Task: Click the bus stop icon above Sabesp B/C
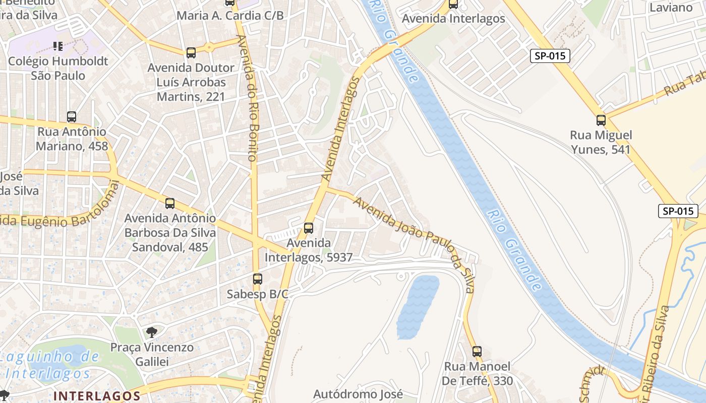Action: pyautogui.click(x=258, y=279)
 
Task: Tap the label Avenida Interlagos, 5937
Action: pyautogui.click(x=309, y=250)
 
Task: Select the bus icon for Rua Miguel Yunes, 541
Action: pyautogui.click(x=601, y=120)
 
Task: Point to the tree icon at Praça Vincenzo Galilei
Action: pyautogui.click(x=151, y=332)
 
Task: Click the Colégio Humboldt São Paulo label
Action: pyautogui.click(x=58, y=69)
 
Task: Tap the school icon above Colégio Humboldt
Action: pyautogui.click(x=58, y=46)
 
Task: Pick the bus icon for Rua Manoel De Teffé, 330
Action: pyautogui.click(x=477, y=351)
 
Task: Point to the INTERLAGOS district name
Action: pyautogui.click(x=97, y=396)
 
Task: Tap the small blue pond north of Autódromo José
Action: pyautogui.click(x=418, y=307)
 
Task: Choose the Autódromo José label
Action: pyautogui.click(x=358, y=394)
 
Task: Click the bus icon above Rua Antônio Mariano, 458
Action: pyautogui.click(x=72, y=117)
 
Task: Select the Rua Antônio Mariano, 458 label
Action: pyautogui.click(x=72, y=139)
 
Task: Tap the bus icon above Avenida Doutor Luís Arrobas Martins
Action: pyautogui.click(x=191, y=53)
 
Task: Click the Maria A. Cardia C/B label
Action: pyautogui.click(x=230, y=16)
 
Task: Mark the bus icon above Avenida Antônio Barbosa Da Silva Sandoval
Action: pyautogui.click(x=170, y=204)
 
